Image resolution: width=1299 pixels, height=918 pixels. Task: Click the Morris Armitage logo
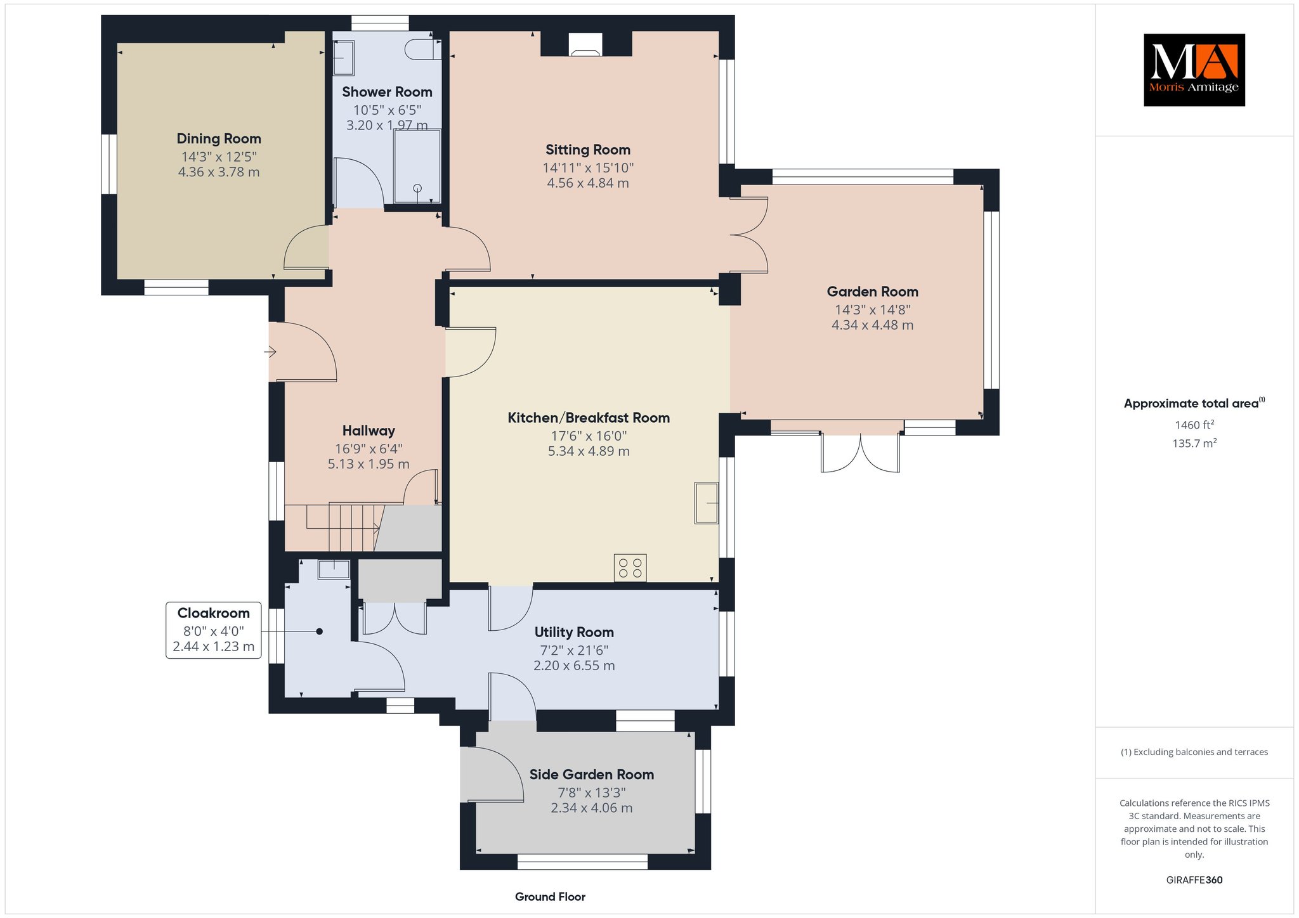1194,70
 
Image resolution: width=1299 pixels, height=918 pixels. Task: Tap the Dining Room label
219,139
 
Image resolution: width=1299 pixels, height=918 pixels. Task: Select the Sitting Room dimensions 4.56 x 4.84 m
588,183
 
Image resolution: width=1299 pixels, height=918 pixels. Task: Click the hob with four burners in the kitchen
630,567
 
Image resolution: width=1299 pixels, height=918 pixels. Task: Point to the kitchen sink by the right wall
707,503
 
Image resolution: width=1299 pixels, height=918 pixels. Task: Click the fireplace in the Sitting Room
586,44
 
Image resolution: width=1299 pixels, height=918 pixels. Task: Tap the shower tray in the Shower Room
417,166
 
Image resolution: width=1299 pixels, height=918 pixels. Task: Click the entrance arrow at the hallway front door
271,351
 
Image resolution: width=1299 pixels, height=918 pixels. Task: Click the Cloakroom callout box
214,630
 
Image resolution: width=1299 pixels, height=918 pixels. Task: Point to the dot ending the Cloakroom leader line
320,631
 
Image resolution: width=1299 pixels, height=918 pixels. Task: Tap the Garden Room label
873,292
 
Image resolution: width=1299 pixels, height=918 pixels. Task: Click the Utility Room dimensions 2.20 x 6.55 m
574,666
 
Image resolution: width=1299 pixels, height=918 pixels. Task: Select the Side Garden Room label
592,775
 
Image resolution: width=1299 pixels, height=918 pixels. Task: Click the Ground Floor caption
550,897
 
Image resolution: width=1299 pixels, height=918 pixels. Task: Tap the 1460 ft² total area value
1194,425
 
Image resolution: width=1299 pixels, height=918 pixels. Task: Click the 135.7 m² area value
1194,443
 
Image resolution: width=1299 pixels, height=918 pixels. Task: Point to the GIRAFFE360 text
1194,880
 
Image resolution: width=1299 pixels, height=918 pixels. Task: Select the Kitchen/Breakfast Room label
589,418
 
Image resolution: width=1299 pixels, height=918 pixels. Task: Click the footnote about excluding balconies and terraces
1194,753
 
